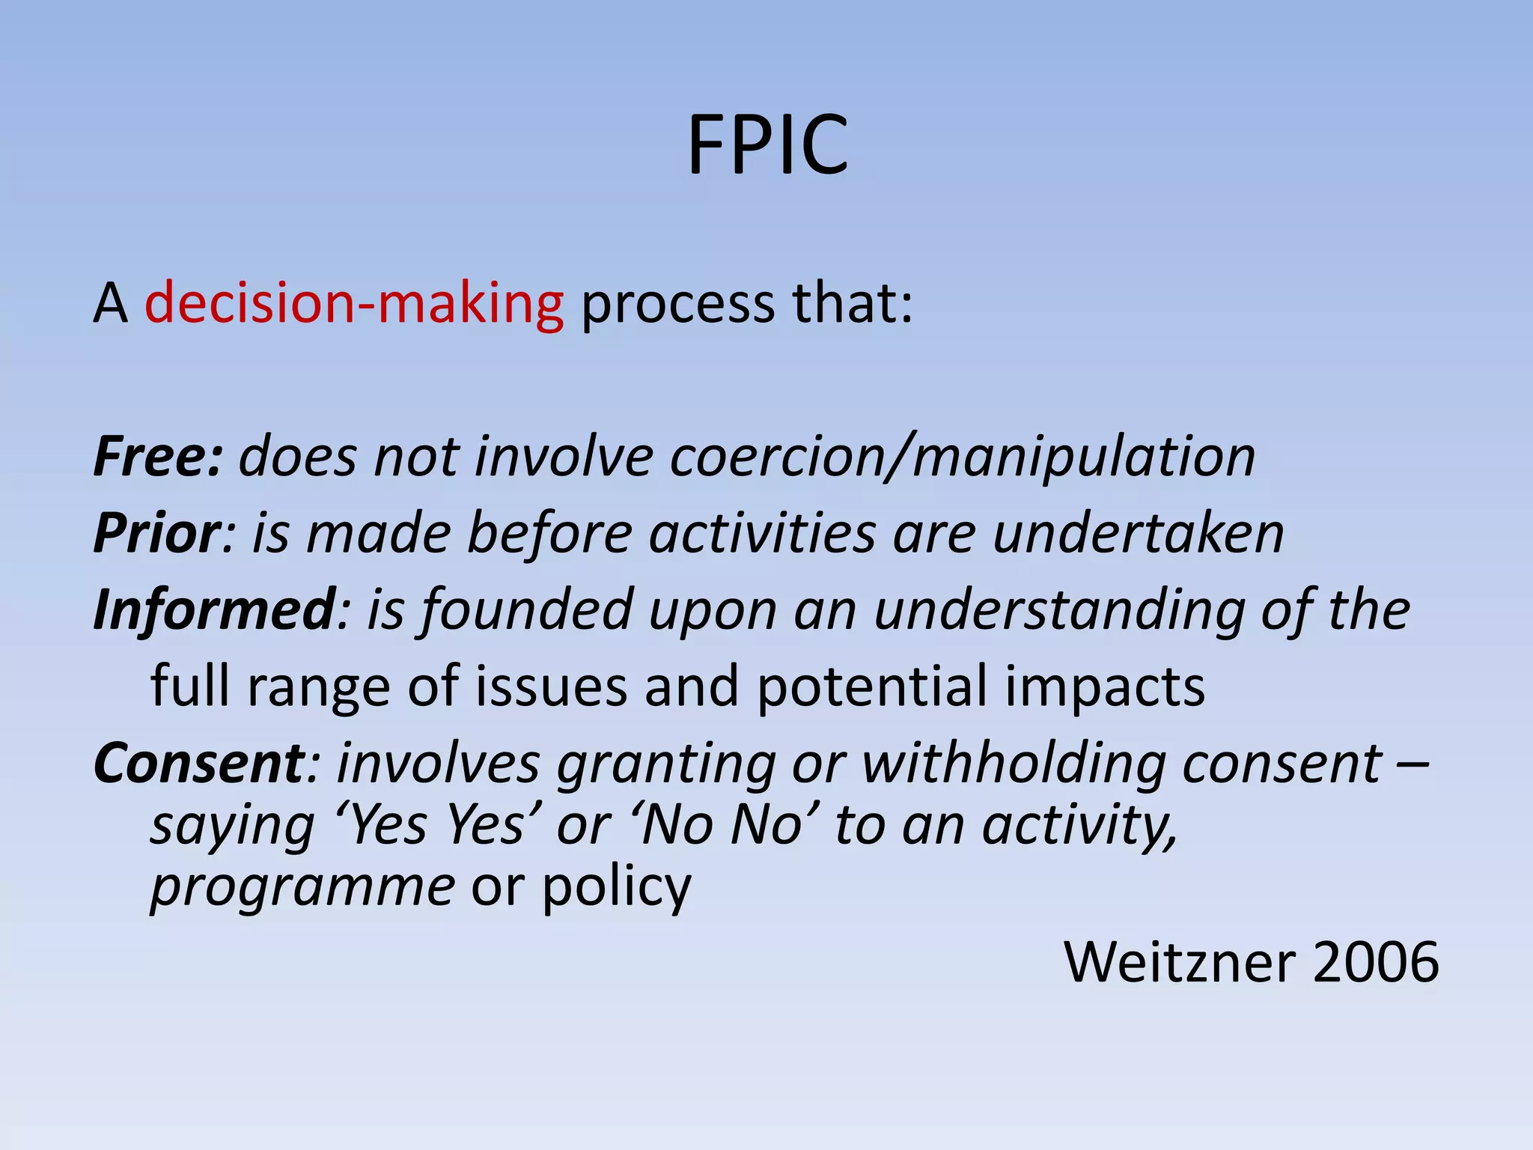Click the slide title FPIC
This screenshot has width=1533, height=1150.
click(767, 145)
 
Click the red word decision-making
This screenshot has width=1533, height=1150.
click(354, 304)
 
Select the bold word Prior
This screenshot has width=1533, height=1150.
click(156, 533)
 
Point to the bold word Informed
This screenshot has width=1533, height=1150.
click(214, 610)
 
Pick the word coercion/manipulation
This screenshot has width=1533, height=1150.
click(962, 457)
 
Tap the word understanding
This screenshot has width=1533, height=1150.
click(1058, 610)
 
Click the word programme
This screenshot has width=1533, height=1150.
click(302, 887)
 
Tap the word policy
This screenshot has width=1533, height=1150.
click(616, 887)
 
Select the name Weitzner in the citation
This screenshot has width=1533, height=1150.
click(1180, 962)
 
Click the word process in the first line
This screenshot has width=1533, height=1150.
click(678, 304)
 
